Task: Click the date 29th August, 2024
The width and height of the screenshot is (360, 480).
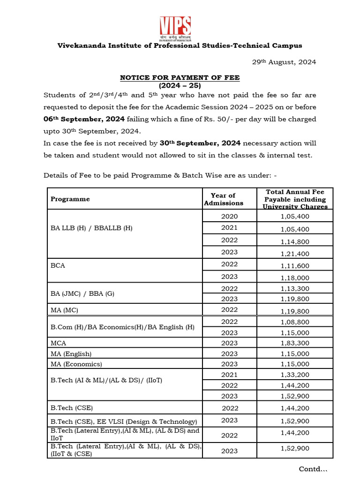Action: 282,62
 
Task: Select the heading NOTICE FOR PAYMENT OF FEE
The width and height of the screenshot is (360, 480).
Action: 180,78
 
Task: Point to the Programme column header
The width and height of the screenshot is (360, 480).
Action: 70,199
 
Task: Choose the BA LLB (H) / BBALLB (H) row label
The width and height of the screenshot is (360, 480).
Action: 91,228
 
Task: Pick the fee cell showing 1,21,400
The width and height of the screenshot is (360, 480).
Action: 295,254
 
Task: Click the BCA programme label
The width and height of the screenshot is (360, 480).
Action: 58,265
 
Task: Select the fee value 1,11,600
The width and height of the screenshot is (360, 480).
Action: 295,266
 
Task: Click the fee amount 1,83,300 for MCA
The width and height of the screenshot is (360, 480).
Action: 295,343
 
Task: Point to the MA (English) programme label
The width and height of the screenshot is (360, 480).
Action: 71,353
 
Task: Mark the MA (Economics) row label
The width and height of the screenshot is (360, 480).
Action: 76,364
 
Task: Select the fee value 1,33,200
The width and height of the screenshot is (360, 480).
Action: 295,375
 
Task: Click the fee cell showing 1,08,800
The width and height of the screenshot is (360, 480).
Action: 295,322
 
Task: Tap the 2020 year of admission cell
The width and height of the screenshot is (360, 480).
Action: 230,216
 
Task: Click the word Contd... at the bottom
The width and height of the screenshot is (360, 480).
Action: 313,469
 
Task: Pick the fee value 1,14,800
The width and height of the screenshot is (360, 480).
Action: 295,241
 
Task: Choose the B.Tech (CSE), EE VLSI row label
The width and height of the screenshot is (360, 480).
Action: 124,421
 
